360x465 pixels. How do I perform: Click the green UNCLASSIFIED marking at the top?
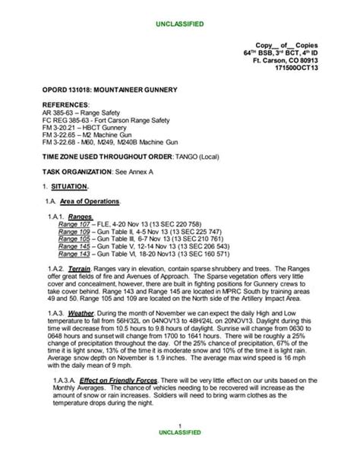179,24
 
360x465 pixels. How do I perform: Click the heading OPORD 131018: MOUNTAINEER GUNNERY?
110,90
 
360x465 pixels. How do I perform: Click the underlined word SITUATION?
69,186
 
